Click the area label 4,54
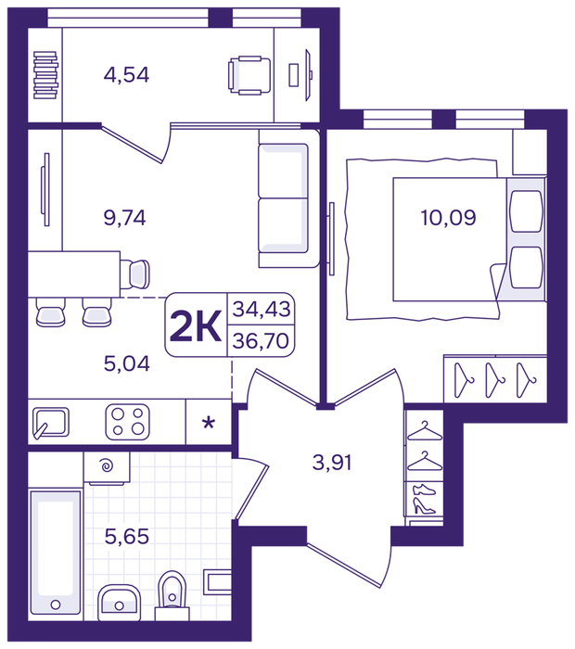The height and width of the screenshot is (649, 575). (126, 75)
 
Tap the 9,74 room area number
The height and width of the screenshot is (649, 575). (124, 218)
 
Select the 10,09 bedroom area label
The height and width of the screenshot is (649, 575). (448, 218)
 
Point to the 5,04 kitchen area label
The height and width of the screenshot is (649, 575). (127, 363)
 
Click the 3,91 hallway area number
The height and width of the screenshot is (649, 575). (332, 463)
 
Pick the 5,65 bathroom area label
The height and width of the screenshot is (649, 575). (127, 537)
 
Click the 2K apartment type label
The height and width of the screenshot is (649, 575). (196, 326)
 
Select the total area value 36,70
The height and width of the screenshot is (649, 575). (261, 340)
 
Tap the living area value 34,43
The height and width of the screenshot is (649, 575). (262, 309)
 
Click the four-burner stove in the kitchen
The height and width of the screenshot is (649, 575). (127, 422)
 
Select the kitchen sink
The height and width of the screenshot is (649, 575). (50, 423)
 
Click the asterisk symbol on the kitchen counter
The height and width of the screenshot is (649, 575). (209, 423)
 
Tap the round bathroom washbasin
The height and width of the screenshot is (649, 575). (120, 603)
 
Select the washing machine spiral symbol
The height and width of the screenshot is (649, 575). (108, 466)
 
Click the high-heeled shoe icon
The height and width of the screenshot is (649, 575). (424, 506)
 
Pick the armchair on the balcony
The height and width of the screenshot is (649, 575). (249, 75)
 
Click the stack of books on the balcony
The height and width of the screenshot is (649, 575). (45, 75)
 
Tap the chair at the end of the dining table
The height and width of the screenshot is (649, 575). (135, 274)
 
